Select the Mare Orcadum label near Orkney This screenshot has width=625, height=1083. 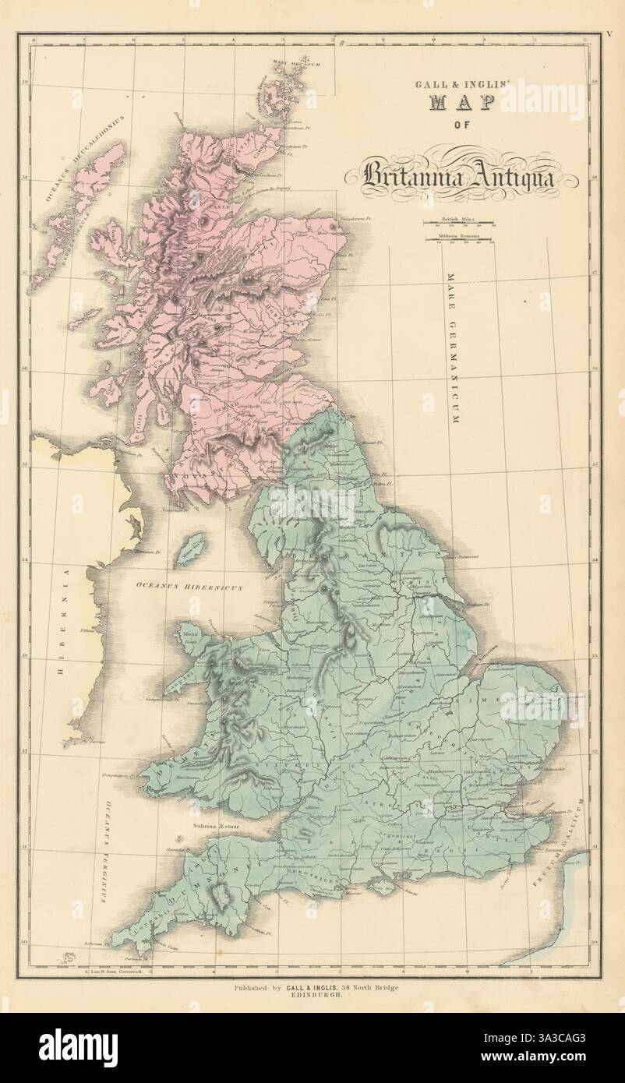(296, 63)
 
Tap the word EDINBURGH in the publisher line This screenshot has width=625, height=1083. (312, 998)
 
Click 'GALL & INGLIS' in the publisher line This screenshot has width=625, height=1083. (312, 989)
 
